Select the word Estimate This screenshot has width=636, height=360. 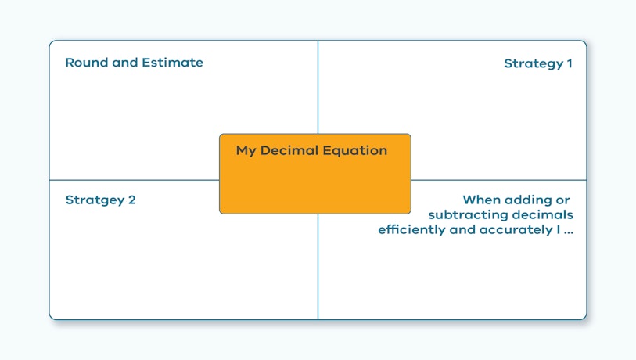pos(172,63)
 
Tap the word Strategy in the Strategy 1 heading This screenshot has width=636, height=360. pos(534,63)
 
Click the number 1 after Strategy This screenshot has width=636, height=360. pos(570,63)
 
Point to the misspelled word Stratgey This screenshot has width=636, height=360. pos(95,200)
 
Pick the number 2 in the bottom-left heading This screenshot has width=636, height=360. pos(132,200)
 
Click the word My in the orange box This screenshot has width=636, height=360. pos(246,151)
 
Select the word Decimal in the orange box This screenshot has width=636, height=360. pos(289,150)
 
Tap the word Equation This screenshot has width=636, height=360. pos(355,151)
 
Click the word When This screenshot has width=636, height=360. pos(480,200)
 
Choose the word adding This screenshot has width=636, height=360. pos(526,200)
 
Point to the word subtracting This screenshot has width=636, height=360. pos(468,215)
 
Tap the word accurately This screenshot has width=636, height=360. pos(516,230)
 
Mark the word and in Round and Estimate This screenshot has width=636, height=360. pos(125,63)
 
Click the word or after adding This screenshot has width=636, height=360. pos(563,201)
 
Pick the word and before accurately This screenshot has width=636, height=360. pos(462,230)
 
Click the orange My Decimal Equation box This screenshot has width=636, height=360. pos(315,174)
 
